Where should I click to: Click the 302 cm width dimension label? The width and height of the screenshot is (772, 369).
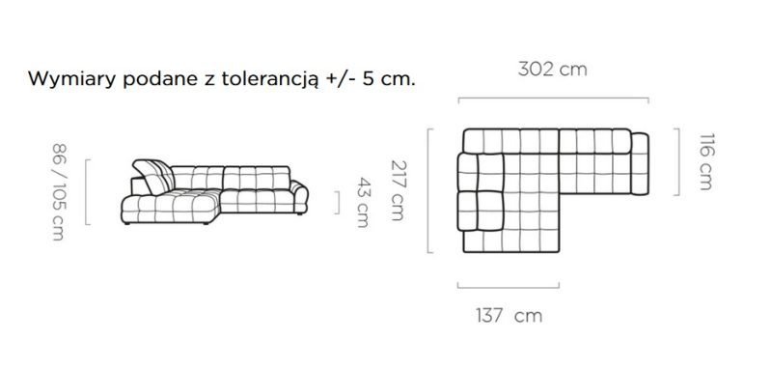(552, 70)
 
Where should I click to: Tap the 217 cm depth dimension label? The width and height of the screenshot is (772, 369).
(399, 190)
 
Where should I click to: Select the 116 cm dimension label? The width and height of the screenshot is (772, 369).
(705, 161)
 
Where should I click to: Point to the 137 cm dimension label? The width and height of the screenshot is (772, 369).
(509, 315)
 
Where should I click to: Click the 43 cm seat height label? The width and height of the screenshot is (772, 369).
(364, 203)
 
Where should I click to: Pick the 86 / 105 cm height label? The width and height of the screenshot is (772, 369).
(59, 191)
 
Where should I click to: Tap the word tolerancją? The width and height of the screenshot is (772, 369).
(270, 80)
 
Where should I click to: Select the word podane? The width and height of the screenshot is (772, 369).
(160, 80)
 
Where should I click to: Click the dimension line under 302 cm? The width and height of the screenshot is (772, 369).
(553, 99)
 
